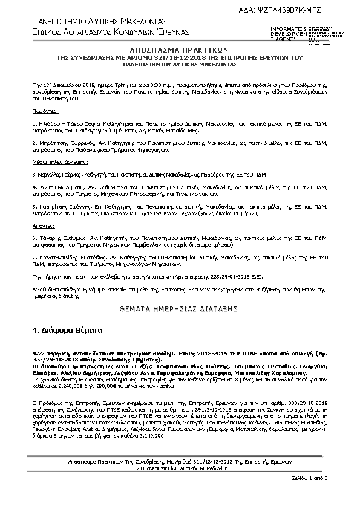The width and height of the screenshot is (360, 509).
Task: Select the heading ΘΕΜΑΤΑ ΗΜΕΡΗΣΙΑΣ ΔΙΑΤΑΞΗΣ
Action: (179, 307)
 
